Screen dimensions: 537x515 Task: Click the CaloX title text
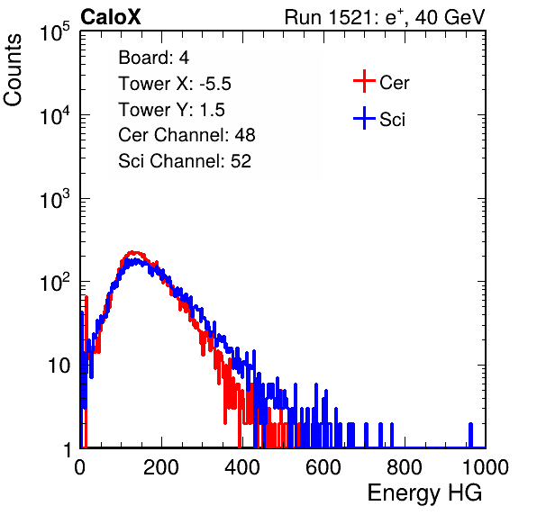pos(110,17)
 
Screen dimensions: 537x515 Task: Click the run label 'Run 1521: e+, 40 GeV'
pos(385,17)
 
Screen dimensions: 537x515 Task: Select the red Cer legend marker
pos(364,81)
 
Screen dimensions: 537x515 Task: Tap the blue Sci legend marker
pos(364,118)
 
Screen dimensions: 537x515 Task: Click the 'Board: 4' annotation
pos(153,57)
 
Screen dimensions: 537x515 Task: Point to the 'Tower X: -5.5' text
pos(175,84)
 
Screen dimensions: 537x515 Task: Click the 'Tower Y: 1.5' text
pos(171,110)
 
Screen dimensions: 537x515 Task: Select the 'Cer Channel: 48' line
pos(187,135)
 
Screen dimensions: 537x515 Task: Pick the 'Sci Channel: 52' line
pos(185,161)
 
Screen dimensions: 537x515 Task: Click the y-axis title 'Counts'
pos(13,69)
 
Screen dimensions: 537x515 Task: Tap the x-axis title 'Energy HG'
pos(424,493)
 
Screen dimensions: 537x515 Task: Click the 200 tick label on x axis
pos(161,467)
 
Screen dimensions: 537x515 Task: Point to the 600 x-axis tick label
pos(323,467)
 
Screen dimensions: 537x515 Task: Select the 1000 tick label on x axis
pos(486,467)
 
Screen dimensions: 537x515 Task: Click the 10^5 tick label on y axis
pos(55,32)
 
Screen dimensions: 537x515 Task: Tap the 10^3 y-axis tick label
pos(55,199)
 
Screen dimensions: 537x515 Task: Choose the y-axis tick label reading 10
pos(59,366)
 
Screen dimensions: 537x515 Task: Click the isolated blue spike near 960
pos(470,435)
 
